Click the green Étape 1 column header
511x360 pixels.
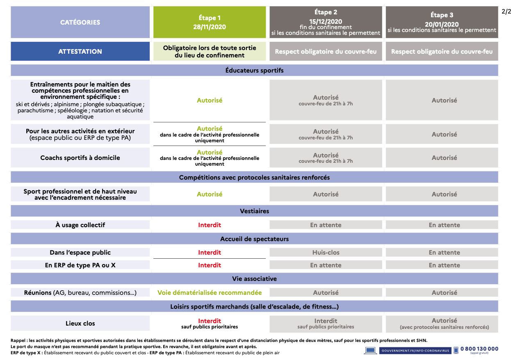tap(209, 23)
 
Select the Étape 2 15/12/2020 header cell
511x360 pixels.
tap(326, 23)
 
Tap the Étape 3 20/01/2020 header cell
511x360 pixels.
tap(442, 23)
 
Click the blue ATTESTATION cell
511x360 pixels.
tap(80, 51)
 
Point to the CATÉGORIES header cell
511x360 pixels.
tap(80, 23)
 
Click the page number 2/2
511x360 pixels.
tap(506, 11)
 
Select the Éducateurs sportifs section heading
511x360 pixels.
tap(254, 71)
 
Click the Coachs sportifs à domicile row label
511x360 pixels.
tap(80, 158)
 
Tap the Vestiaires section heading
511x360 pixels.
tap(254, 211)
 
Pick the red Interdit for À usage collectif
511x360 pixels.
tap(209, 225)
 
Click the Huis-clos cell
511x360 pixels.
tap(326, 253)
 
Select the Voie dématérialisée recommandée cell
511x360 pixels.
tap(209, 293)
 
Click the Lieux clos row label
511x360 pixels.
tap(80, 324)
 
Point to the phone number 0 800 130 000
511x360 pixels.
tap(479, 349)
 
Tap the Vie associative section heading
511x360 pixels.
tap(254, 279)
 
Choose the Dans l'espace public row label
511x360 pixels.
tap(80, 253)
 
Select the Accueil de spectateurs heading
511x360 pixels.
tap(254, 239)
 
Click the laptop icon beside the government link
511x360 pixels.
tap(370, 351)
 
